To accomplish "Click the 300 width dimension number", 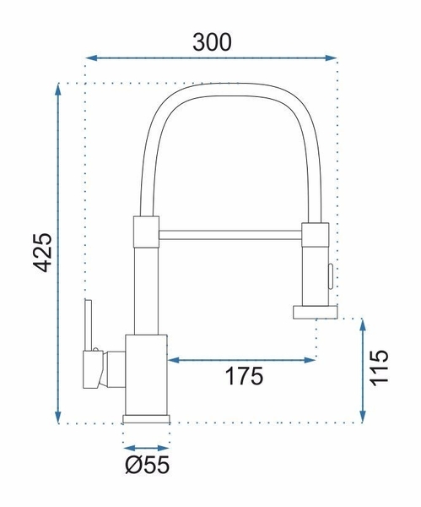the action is click(212, 42).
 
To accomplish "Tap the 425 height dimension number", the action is click(43, 252).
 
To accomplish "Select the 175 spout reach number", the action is click(244, 376).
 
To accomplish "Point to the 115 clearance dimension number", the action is click(379, 368).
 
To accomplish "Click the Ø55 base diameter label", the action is click(147, 465).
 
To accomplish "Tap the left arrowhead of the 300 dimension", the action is click(91, 58).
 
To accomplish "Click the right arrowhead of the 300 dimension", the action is click(332, 58).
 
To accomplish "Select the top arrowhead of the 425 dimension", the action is click(58, 90).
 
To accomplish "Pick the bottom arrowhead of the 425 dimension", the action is click(58, 417).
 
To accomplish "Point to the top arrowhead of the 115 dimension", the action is click(363, 324).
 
